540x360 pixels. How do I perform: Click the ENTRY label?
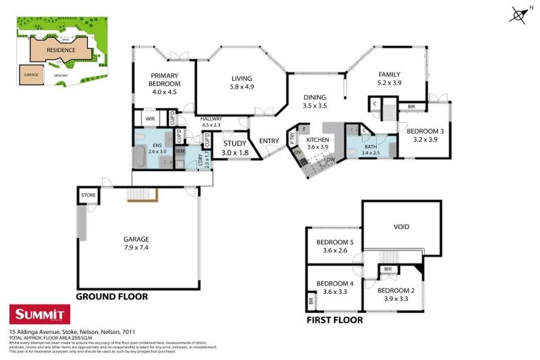(x=269, y=141)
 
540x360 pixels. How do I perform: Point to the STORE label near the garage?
(x=88, y=195)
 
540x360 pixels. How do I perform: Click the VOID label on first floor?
(x=401, y=227)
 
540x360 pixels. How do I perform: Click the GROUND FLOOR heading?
(x=112, y=297)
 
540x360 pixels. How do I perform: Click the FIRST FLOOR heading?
(x=335, y=320)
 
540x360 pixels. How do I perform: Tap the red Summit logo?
(x=39, y=314)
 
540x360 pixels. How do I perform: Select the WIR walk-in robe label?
(x=150, y=120)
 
